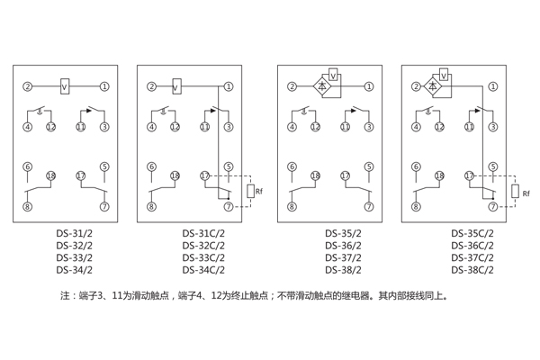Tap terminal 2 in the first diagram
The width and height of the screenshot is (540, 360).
point(28,86)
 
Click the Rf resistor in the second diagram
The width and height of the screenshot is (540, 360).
point(249,191)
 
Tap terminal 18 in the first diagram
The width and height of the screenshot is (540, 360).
point(51,175)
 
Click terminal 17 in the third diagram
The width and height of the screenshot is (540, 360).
point(346,175)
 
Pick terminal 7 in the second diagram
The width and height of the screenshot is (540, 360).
point(229,207)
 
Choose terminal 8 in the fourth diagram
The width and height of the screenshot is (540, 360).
point(416,207)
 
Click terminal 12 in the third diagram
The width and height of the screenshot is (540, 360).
point(316,127)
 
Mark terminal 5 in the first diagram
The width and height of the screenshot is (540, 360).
point(105,166)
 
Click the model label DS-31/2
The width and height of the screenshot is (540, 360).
point(74,233)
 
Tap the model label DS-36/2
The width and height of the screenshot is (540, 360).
point(343,245)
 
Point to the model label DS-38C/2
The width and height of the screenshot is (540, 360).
point(472,268)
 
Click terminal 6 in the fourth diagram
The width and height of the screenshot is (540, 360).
point(416,166)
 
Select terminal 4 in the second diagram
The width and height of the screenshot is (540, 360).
point(151,127)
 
